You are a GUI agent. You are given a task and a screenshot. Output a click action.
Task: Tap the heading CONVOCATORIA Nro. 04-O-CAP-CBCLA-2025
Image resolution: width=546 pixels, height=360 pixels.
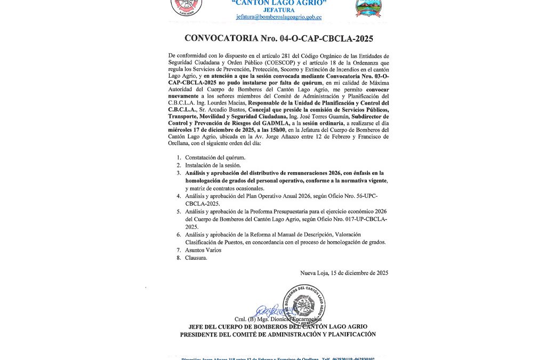tap(278, 38)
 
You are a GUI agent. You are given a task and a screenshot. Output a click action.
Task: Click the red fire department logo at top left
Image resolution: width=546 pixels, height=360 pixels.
tap(186, 7)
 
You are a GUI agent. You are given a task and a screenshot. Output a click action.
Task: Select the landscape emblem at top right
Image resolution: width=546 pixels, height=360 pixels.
tap(368, 7)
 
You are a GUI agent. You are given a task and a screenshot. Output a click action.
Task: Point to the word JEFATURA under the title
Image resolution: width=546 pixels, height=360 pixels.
tap(279, 10)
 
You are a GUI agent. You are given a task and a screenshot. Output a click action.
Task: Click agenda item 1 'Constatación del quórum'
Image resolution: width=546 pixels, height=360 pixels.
tap(215, 157)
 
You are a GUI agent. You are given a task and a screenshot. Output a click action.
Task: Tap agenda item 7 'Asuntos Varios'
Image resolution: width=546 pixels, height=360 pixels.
tap(203, 250)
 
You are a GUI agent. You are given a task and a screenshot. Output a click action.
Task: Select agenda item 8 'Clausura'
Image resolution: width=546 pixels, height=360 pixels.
tap(196, 258)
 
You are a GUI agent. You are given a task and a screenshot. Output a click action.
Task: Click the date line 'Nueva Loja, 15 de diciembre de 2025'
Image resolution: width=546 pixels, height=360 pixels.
tap(344, 273)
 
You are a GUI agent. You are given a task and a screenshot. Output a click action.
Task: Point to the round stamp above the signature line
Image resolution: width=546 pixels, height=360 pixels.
tap(304, 304)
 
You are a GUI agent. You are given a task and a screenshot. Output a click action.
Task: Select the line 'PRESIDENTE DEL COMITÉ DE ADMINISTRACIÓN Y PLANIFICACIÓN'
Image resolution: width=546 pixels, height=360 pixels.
tap(278, 334)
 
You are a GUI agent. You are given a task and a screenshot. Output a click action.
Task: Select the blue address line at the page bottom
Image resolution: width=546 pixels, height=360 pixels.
tap(278, 358)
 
